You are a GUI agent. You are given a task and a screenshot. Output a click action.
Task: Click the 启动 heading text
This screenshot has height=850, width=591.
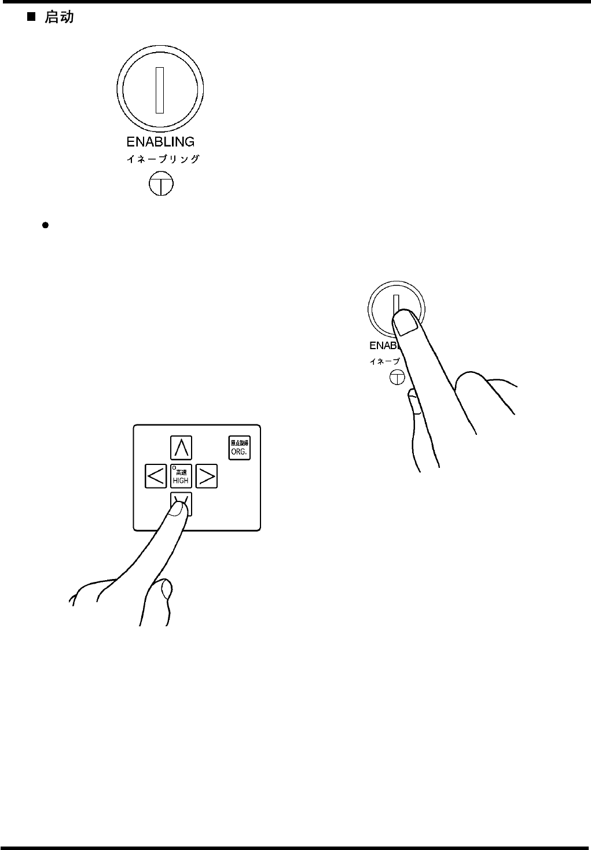[x=60, y=17]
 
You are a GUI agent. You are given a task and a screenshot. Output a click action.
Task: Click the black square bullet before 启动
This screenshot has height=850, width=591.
[x=32, y=17]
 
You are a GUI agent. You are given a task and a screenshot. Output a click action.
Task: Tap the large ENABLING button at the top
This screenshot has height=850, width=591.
[x=160, y=90]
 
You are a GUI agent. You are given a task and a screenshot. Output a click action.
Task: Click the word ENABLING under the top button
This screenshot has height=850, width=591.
[x=160, y=142]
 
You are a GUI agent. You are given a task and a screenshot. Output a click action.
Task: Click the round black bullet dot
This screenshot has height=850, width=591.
[x=45, y=225]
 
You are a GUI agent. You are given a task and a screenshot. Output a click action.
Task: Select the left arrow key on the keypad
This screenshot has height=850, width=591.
[x=156, y=476]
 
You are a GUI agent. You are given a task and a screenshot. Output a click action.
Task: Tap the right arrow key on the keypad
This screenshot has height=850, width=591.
[x=207, y=476]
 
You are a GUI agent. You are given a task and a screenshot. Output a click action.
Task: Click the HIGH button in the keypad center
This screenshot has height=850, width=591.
[x=181, y=476]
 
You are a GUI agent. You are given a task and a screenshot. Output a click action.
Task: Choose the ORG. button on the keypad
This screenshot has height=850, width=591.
[x=239, y=448]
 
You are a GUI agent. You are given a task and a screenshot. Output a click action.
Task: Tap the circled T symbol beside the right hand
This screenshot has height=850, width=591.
[x=397, y=378]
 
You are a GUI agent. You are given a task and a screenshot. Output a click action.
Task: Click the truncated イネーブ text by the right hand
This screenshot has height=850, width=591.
[x=384, y=361]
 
